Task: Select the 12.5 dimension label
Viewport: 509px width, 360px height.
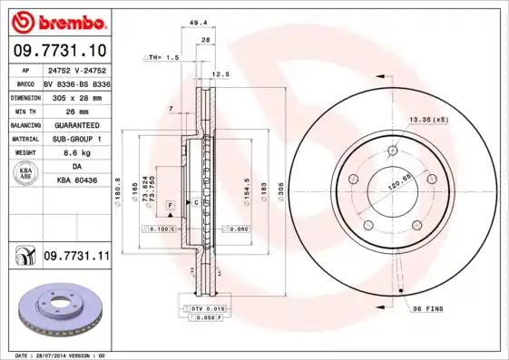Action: click(x=220, y=74)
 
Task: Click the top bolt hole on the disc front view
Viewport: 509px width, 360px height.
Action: click(x=392, y=151)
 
